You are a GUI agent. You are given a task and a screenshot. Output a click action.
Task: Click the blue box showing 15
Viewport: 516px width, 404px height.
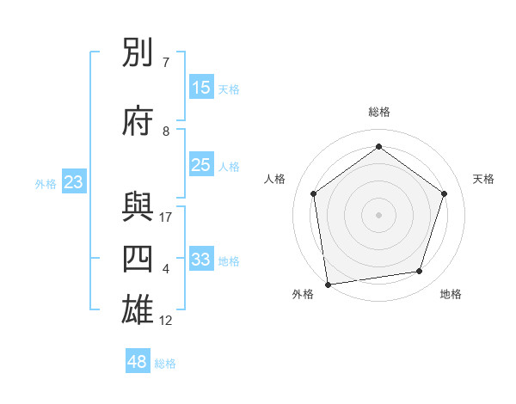pos(201,88)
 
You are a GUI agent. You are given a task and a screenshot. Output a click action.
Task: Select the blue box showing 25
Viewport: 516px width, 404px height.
pos(201,165)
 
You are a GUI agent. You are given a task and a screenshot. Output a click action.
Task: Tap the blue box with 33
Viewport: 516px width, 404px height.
pos(201,260)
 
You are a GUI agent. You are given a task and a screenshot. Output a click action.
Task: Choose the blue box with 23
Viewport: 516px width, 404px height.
pos(73,182)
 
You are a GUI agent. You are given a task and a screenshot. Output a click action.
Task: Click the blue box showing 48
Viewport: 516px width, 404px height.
pos(138,362)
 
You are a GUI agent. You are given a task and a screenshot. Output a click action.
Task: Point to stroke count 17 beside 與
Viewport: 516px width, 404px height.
pos(166,217)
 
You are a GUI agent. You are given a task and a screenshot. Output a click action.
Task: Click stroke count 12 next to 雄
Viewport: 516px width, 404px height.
pos(166,321)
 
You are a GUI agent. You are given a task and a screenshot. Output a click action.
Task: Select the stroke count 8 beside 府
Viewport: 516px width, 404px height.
pos(166,132)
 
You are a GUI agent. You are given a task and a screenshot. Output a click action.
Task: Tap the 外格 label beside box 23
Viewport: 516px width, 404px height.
pos(46,183)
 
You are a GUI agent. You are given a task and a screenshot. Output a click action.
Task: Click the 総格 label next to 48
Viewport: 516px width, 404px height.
pos(165,364)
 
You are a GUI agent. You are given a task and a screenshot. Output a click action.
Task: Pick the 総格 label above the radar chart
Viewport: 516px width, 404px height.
pos(379,112)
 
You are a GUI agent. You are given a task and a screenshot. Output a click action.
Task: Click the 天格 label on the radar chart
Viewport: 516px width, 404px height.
pos(483,179)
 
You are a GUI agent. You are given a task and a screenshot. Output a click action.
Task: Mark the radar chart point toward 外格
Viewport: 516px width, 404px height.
pos(328,283)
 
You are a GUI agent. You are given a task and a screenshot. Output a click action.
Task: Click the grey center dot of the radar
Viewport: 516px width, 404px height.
pos(379,214)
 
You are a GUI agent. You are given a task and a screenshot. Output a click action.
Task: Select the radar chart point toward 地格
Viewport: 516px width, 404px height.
pos(420,271)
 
